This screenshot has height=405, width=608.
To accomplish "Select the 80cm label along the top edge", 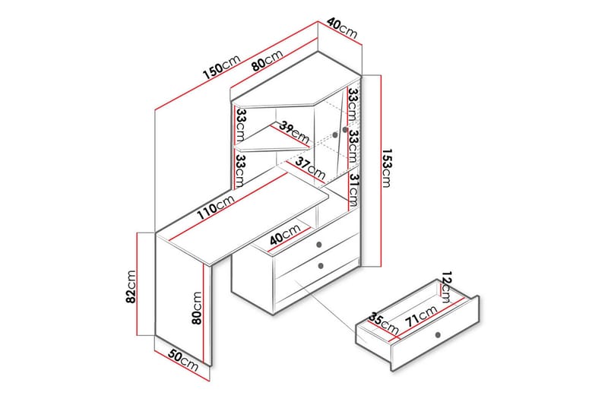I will (268, 60).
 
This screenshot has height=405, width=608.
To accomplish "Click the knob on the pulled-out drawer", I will (438, 335).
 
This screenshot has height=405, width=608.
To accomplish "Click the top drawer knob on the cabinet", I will (319, 244).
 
